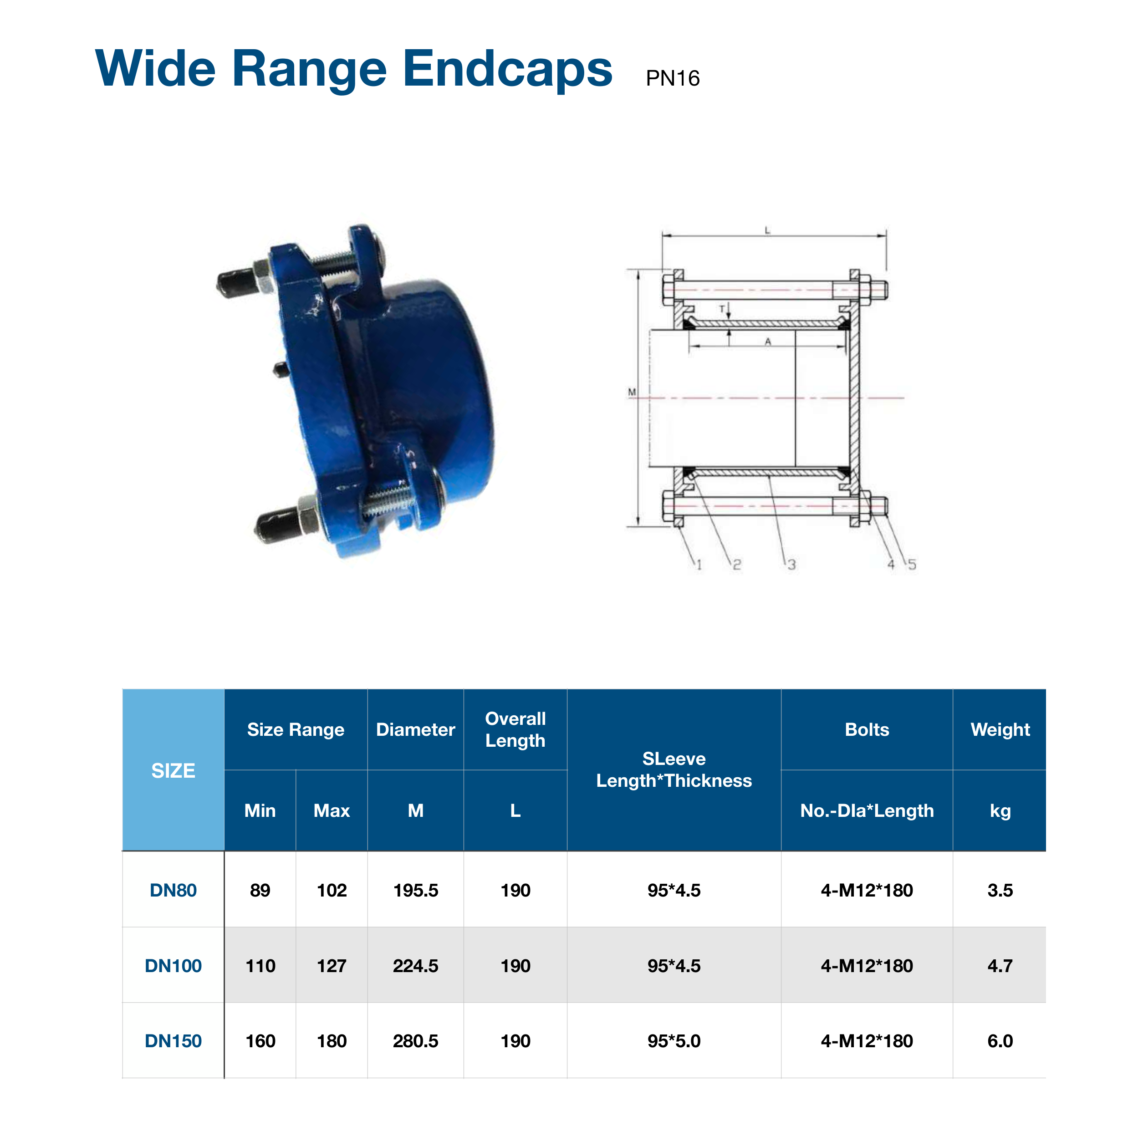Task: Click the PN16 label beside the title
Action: pyautogui.click(x=673, y=78)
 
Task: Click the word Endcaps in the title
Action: pyautogui.click(x=507, y=70)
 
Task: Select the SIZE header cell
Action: pyautogui.click(x=174, y=771)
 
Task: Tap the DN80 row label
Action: pyautogui.click(x=174, y=890)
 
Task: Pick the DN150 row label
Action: pyautogui.click(x=174, y=1041)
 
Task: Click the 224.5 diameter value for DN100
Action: pyautogui.click(x=416, y=966)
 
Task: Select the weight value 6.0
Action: pyautogui.click(x=1000, y=1041)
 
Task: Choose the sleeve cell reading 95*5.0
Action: pyautogui.click(x=674, y=1041)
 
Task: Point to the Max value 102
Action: pyautogui.click(x=332, y=890)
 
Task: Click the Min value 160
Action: pyautogui.click(x=260, y=1041)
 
